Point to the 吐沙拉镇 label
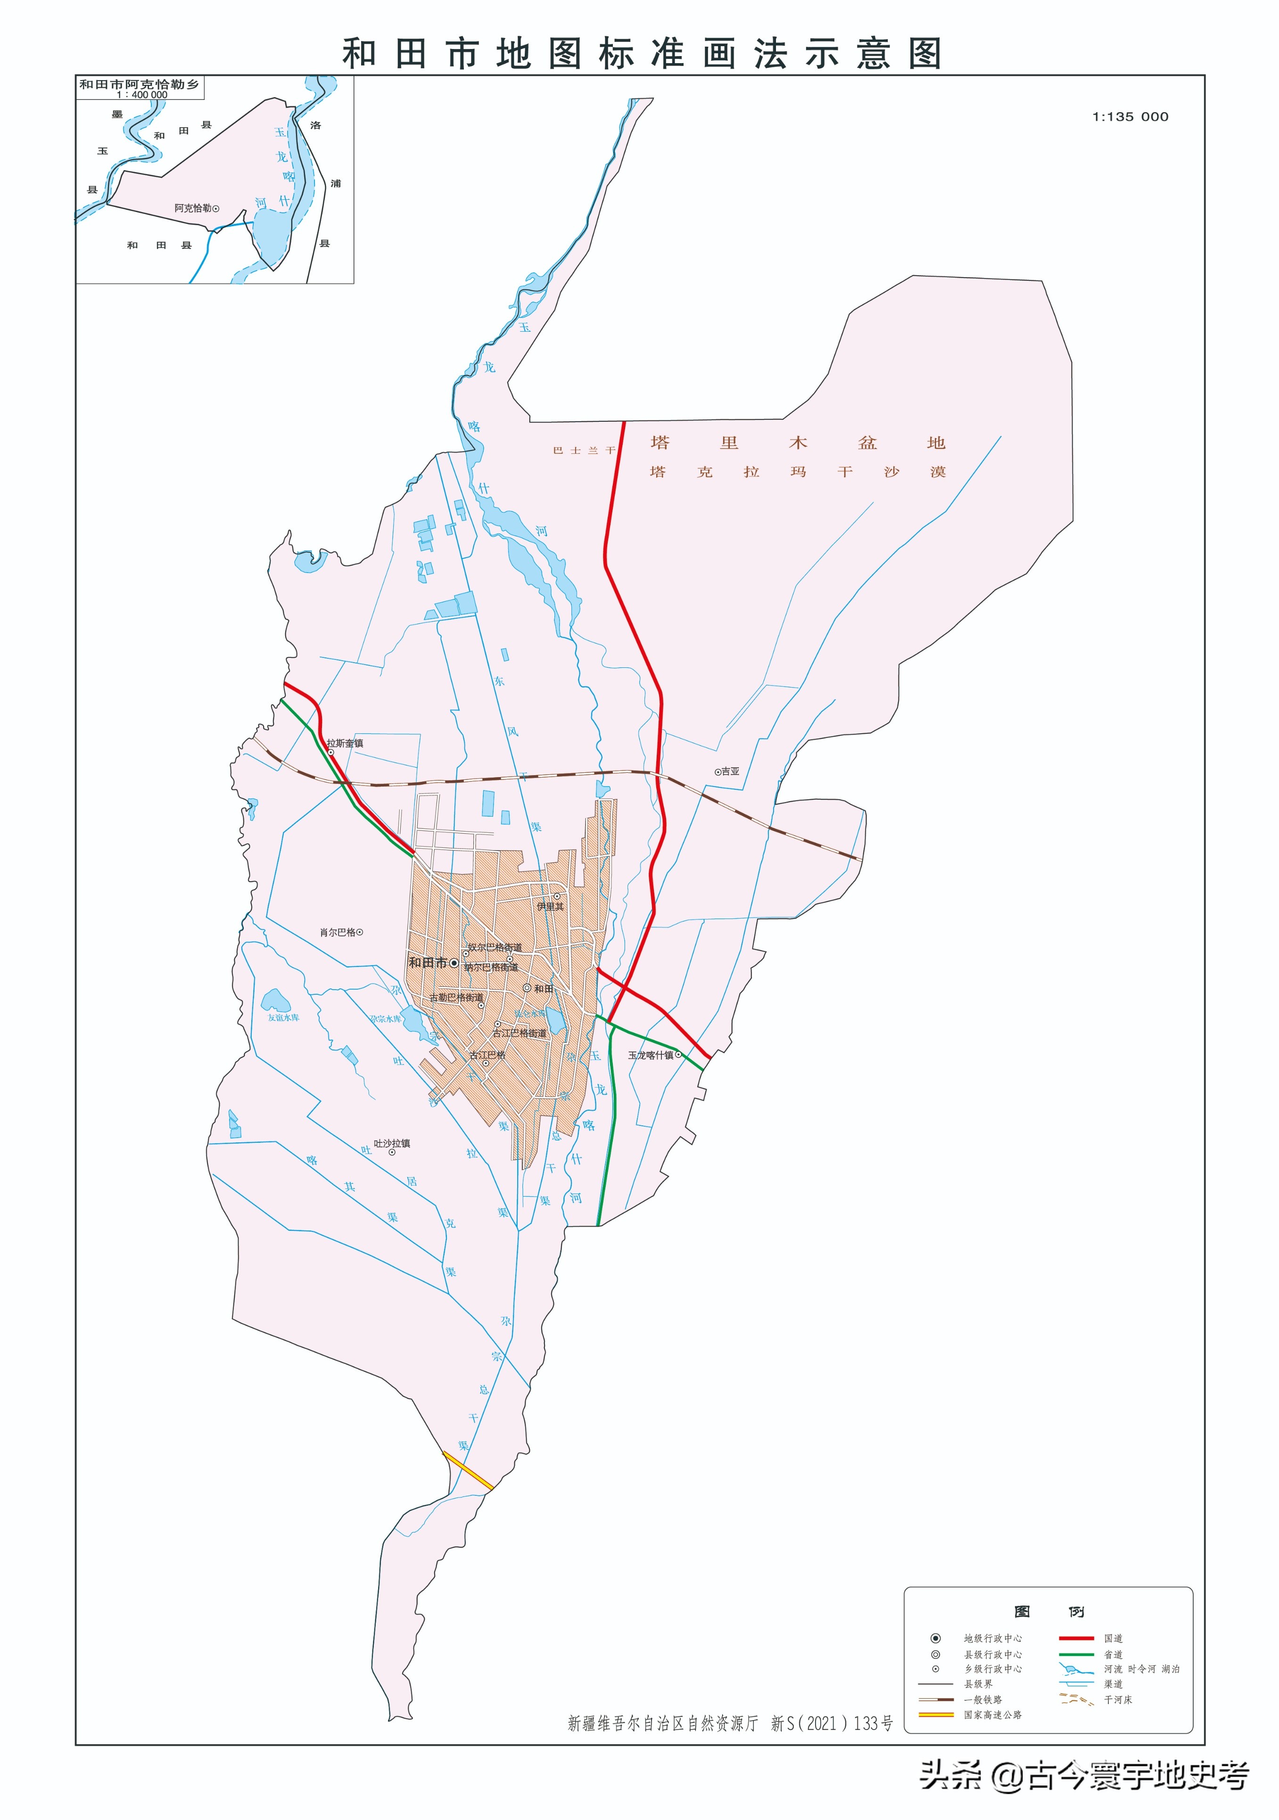tap(392, 1143)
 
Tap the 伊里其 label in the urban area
tap(550, 906)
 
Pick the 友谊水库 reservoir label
tap(283, 1017)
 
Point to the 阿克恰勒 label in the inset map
tap(193, 208)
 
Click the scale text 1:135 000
tap(1130, 116)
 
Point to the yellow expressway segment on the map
tap(468, 1470)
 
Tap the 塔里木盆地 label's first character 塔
tap(660, 443)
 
